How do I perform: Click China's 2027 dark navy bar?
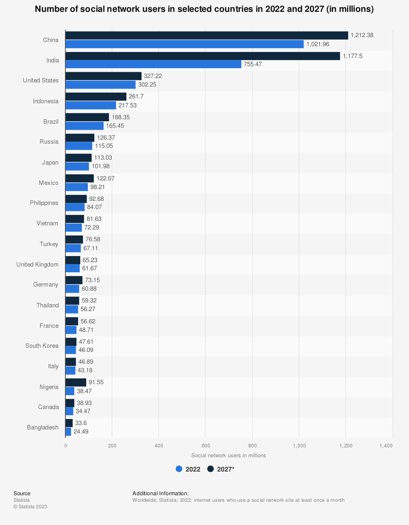pos(207,36)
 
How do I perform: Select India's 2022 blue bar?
pos(153,64)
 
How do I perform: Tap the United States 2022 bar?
pos(100,85)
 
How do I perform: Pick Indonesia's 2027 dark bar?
pos(96,96)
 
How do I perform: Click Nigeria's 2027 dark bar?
pos(76,383)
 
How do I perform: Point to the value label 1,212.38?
pos(362,36)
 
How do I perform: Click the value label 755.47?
pos(253,65)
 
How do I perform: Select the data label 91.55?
pos(96,383)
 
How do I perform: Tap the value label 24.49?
pos(81,432)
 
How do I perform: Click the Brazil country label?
pos(51,122)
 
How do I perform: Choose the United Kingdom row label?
pos(37,265)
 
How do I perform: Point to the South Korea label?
pos(42,346)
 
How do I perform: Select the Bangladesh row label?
pos(43,427)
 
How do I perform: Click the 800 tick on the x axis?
pos(252,446)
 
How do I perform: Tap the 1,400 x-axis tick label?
pos(386,446)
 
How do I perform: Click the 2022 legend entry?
pos(188,469)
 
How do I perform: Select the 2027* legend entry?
pos(221,469)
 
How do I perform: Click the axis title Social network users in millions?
pos(229,456)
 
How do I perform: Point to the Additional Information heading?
pos(161,494)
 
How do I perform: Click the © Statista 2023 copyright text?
pos(30,507)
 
